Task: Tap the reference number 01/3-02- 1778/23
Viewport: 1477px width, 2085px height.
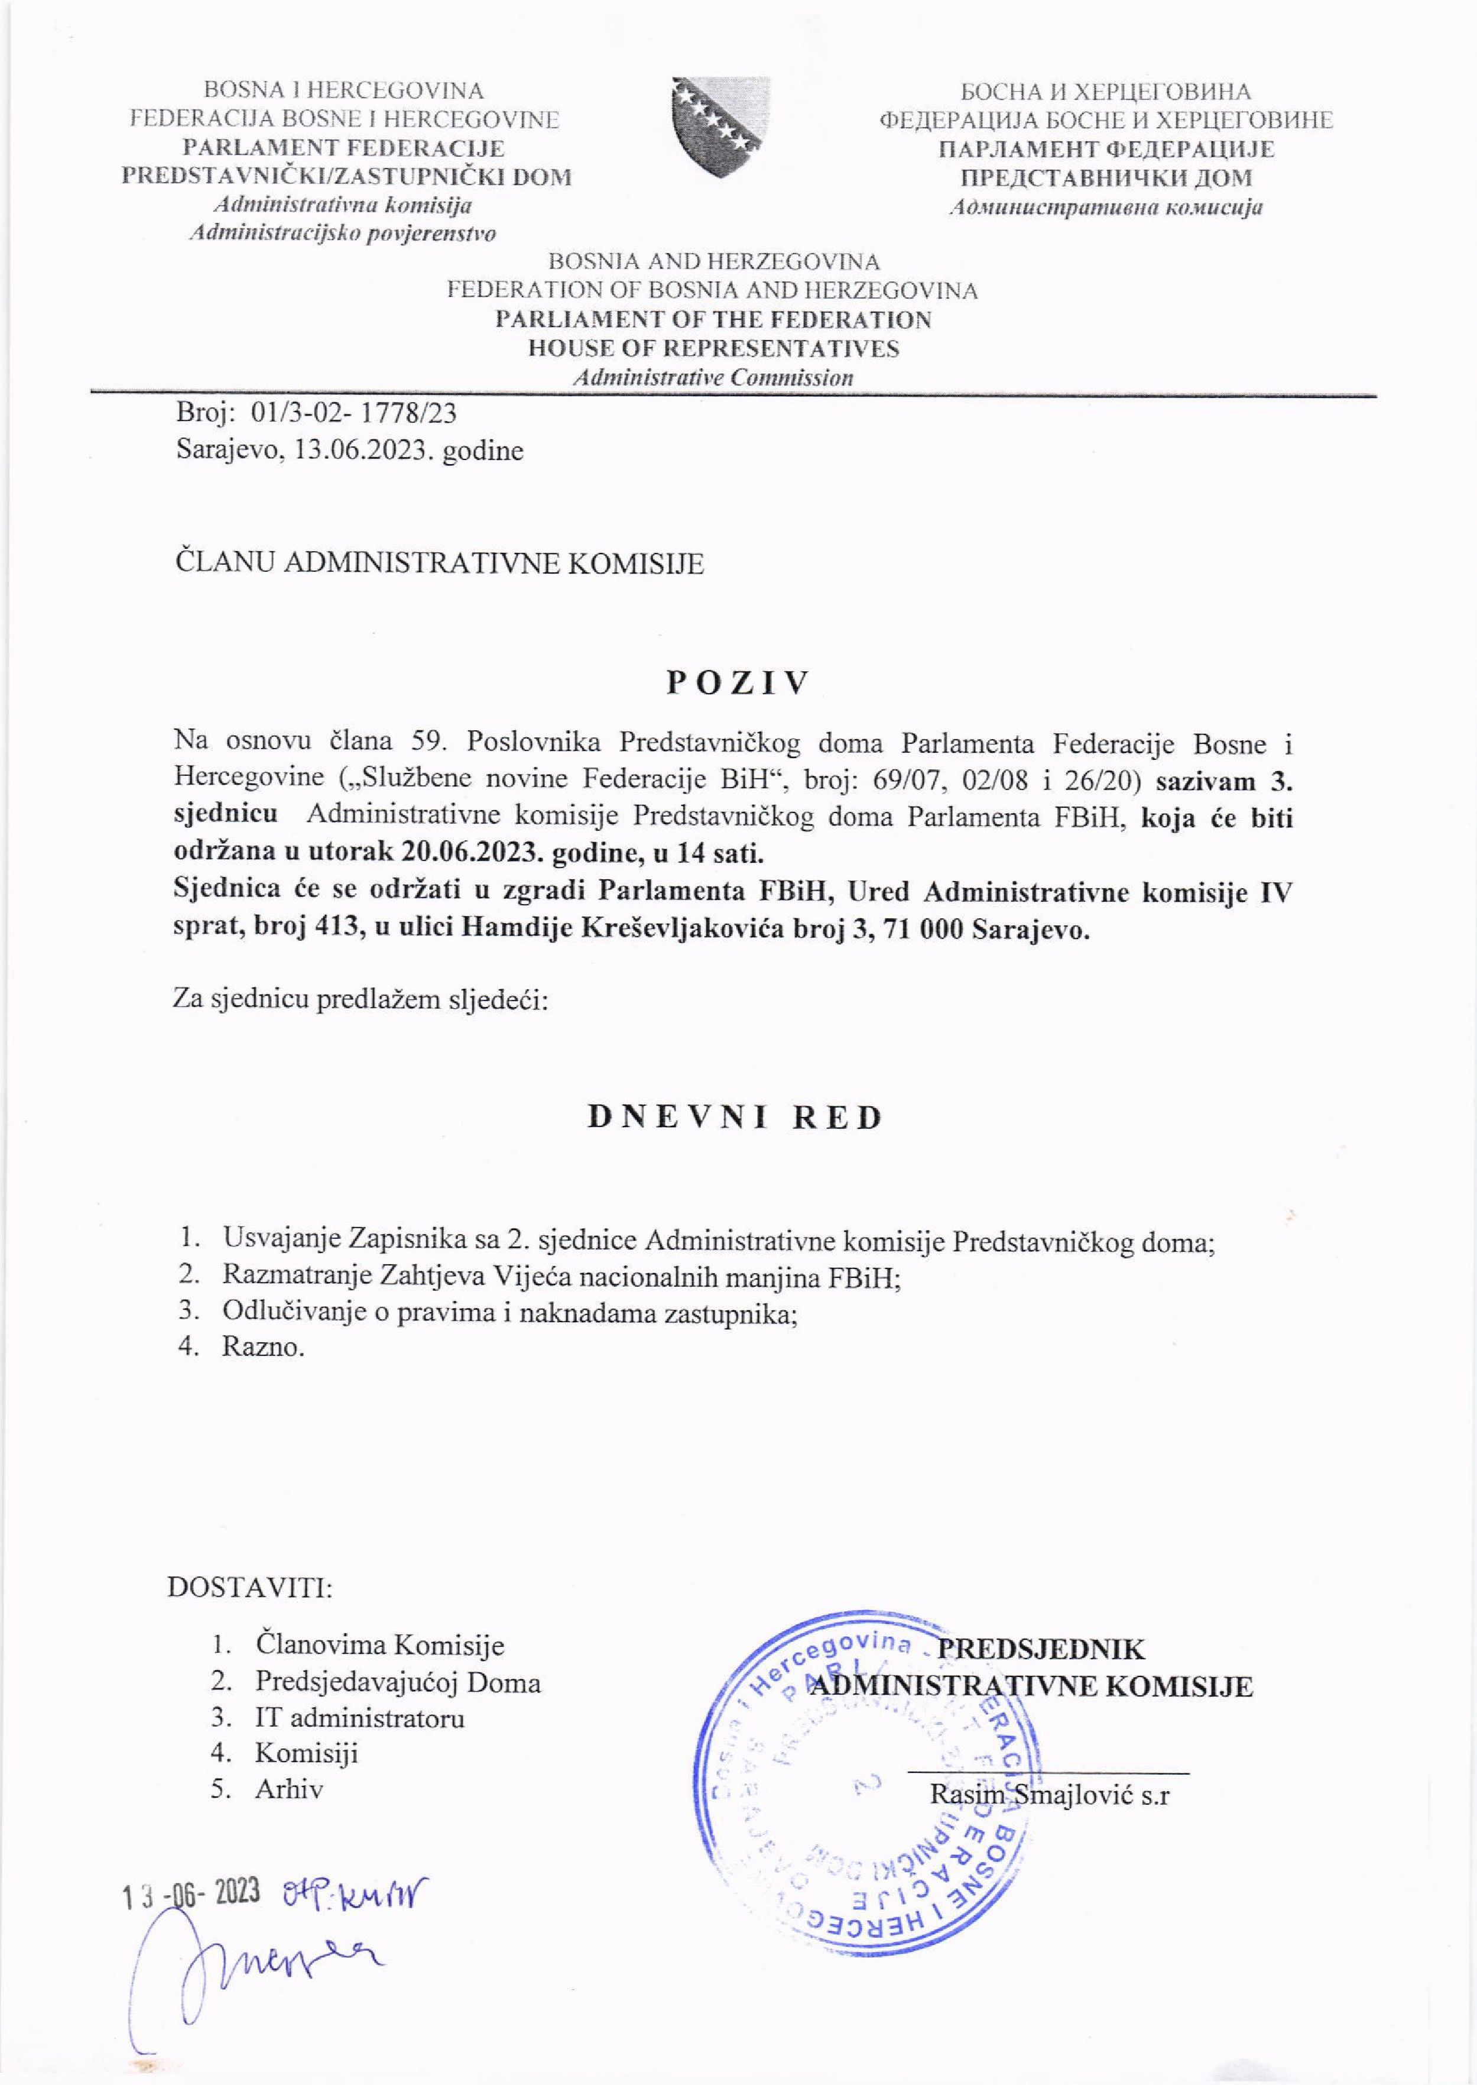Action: (354, 415)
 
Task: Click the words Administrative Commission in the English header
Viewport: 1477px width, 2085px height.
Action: (712, 377)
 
